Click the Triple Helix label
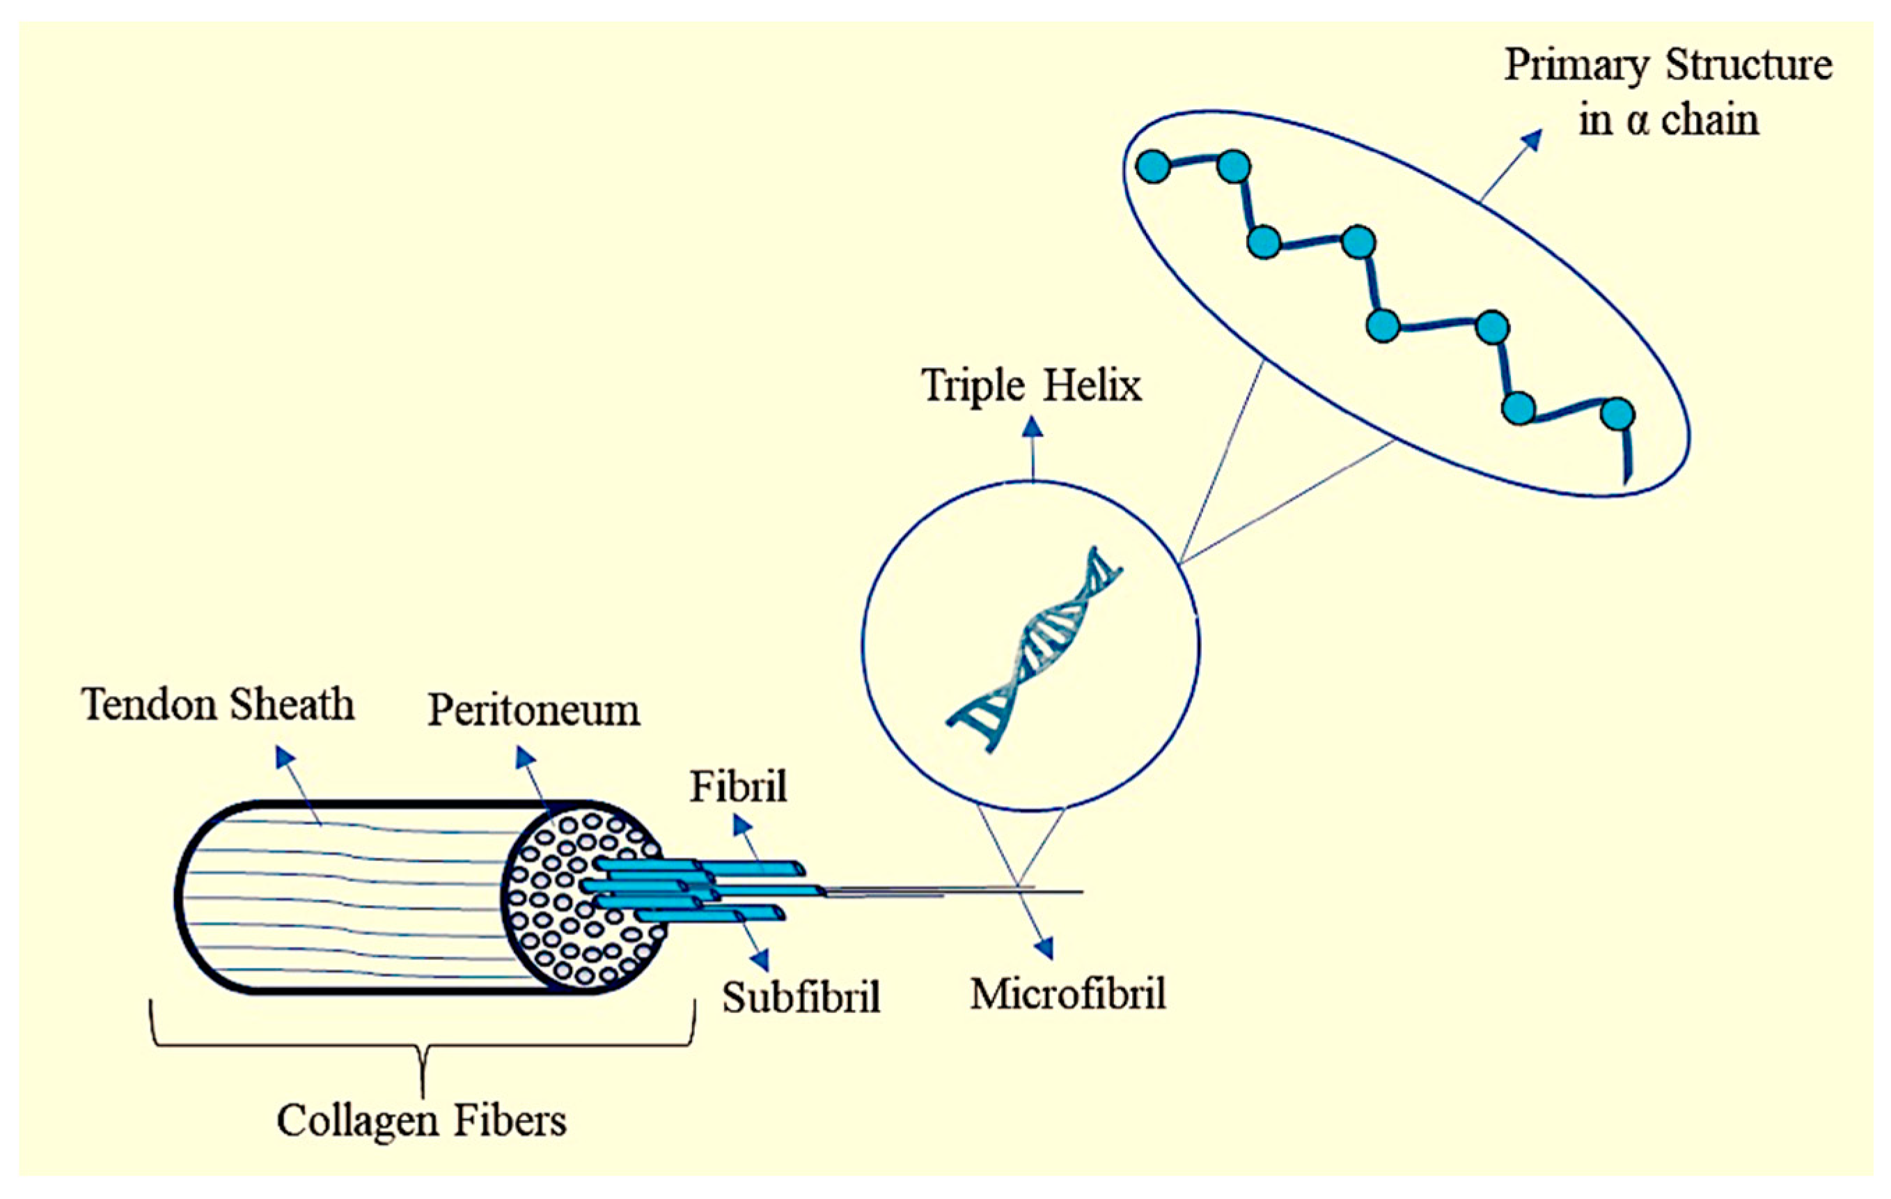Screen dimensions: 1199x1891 (x=1031, y=386)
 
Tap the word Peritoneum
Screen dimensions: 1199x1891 (x=533, y=711)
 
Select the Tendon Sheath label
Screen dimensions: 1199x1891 (x=217, y=704)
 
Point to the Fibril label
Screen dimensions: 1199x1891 (x=738, y=787)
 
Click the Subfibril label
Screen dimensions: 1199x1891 (x=801, y=998)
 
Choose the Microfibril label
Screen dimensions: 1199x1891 (x=1067, y=994)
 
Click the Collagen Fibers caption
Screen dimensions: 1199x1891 (x=421, y=1120)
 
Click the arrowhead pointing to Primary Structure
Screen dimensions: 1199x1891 (x=1531, y=141)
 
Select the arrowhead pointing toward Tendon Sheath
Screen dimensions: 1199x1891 (x=284, y=756)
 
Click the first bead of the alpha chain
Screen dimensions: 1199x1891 (x=1153, y=167)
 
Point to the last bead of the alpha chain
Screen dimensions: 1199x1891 (x=1617, y=413)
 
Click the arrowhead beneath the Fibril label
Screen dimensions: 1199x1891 (x=742, y=826)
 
